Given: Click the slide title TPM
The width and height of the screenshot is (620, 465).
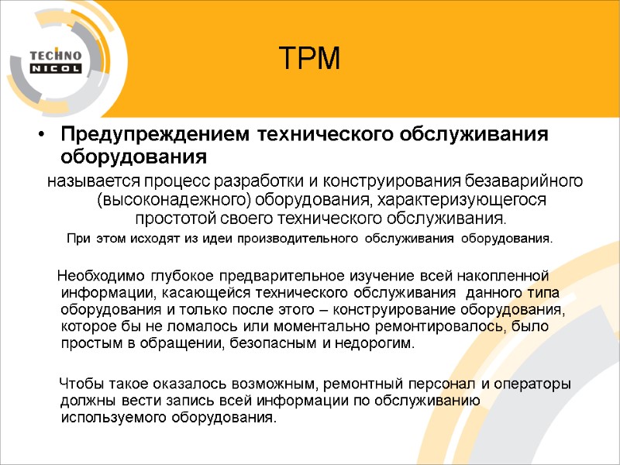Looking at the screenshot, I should point(310,58).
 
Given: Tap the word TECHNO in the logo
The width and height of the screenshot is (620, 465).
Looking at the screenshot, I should point(54,55).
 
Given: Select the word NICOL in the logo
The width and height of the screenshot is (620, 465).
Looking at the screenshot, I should point(57,69).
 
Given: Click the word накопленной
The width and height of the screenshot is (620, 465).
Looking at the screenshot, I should point(510,275).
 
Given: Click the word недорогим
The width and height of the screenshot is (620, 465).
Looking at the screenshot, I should point(374,343).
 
